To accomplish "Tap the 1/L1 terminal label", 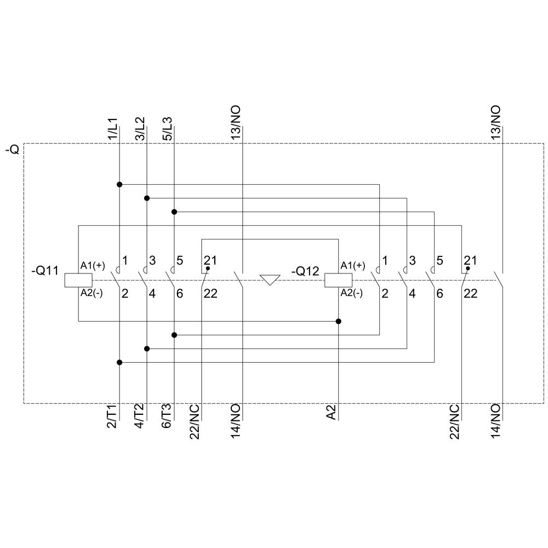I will click(113, 129).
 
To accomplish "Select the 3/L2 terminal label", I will click(141, 129).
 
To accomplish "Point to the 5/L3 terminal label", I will click(168, 129).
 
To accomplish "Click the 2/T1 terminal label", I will click(112, 417).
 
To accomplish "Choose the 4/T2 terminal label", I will click(140, 417).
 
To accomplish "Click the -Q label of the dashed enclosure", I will click(13, 149).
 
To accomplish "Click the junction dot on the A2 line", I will click(339, 321).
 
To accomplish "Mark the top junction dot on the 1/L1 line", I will click(119, 184).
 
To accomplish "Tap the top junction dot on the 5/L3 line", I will click(174, 212).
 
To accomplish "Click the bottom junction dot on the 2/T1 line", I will click(119, 362).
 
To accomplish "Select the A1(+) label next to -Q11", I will click(92, 266).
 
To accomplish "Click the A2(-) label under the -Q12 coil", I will click(351, 293).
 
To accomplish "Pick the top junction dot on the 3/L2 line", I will click(147, 198).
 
